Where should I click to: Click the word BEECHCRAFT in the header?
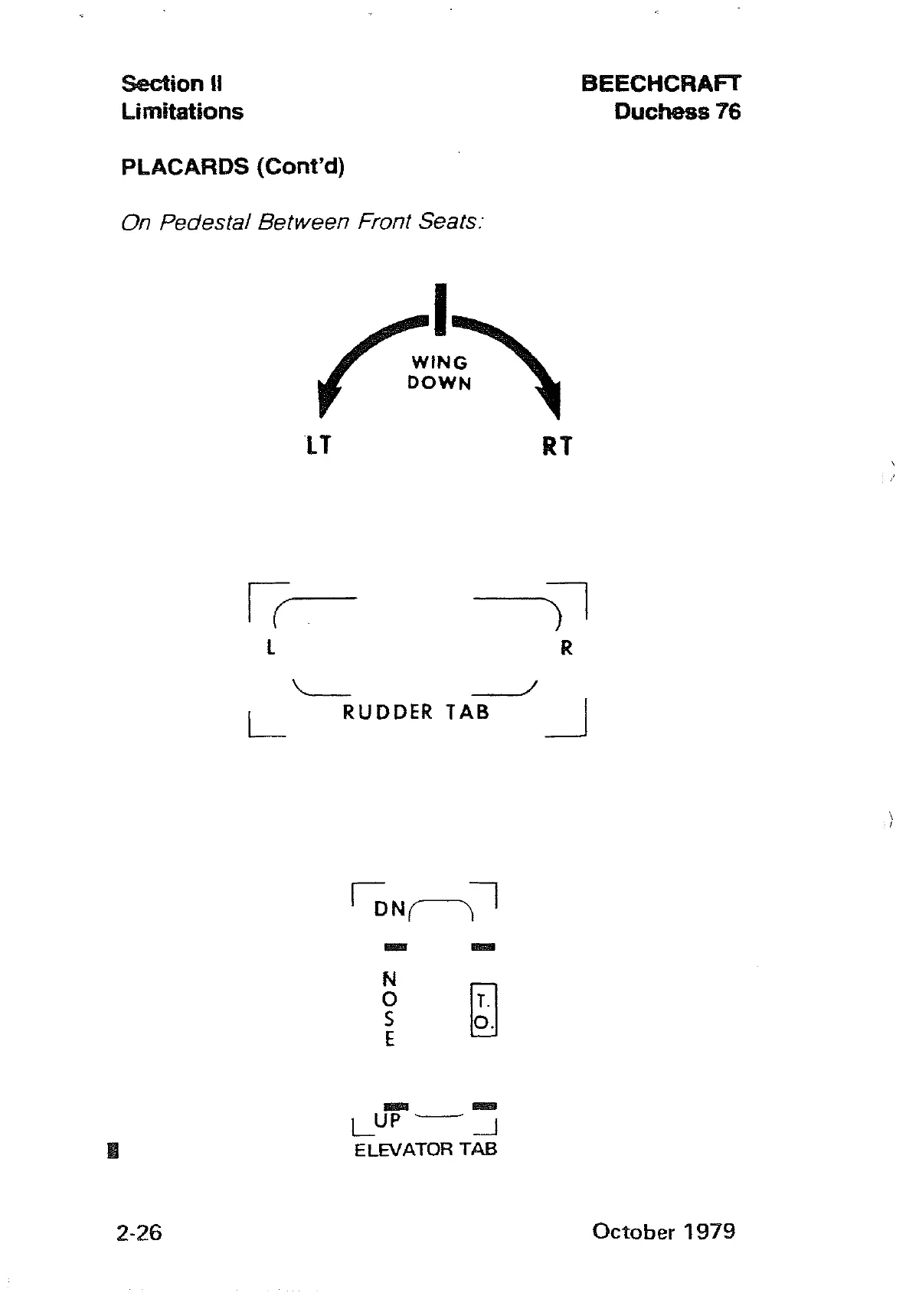click(661, 83)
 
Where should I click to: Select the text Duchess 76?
click(677, 112)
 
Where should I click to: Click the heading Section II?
click(172, 83)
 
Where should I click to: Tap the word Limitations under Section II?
click(182, 112)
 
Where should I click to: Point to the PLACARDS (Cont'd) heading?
click(233, 167)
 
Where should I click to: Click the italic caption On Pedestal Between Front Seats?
click(302, 222)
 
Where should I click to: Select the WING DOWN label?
click(440, 373)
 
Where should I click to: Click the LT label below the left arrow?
click(319, 446)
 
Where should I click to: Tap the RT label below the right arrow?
click(557, 446)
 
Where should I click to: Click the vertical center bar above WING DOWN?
click(440, 309)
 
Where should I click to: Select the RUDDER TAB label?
click(416, 713)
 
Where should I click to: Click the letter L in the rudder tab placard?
click(270, 648)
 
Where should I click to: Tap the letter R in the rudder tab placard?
click(567, 648)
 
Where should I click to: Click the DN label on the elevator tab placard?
click(390, 909)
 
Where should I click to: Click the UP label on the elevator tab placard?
click(388, 1121)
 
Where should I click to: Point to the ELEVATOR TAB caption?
click(426, 1150)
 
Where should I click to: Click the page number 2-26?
click(139, 1232)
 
